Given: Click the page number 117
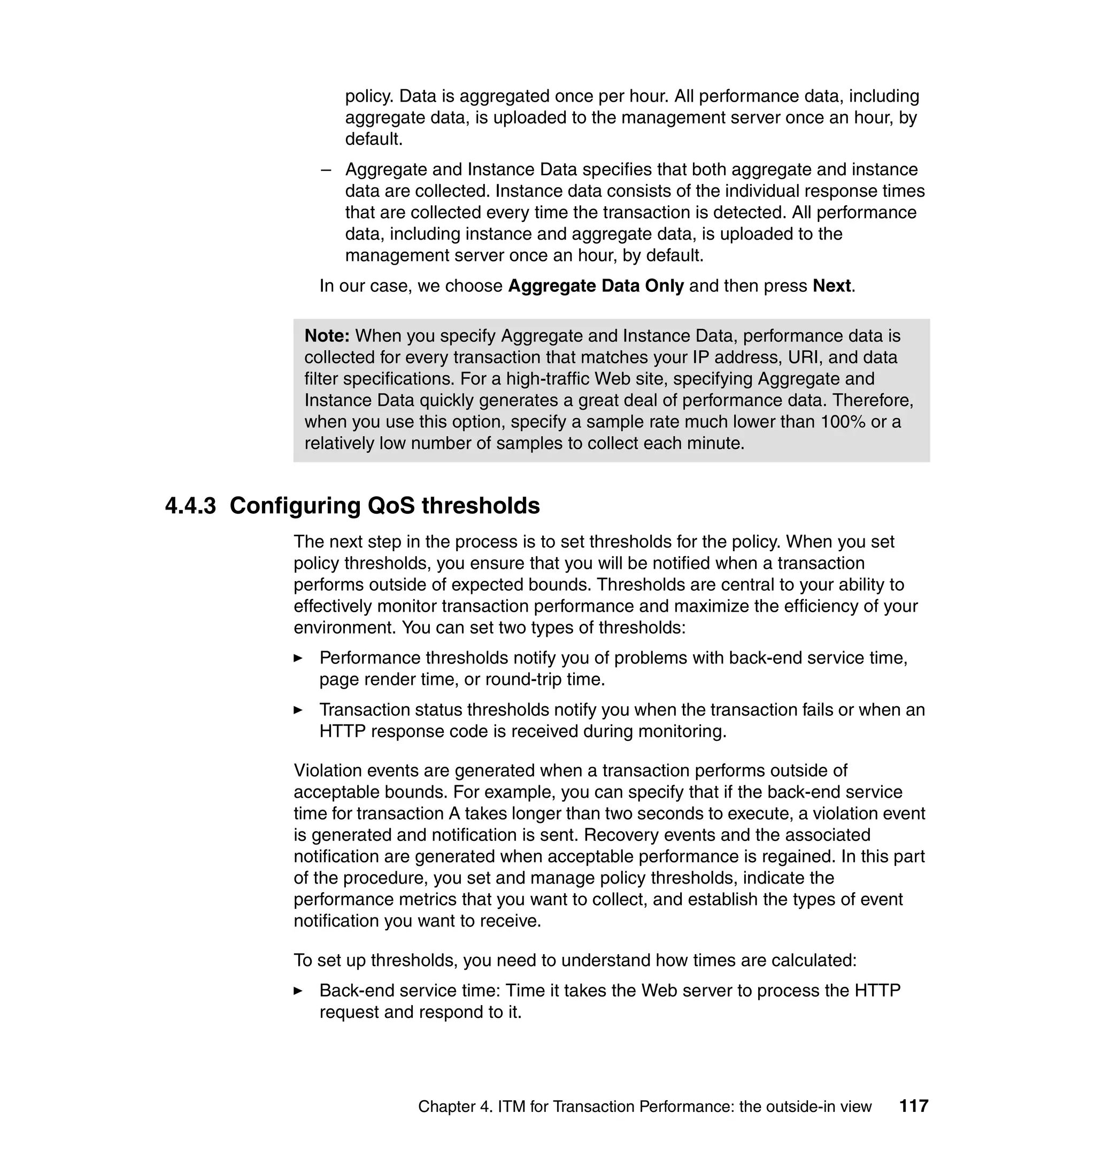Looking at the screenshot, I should click(913, 1106).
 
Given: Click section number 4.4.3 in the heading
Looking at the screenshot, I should click(190, 505).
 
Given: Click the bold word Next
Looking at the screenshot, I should click(832, 286).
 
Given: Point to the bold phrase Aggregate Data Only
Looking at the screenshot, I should click(596, 286).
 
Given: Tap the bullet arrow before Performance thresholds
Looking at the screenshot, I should click(298, 658).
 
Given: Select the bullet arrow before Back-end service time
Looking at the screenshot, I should click(298, 991).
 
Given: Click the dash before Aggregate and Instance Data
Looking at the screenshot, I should click(326, 170).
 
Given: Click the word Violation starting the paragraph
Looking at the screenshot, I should click(328, 770).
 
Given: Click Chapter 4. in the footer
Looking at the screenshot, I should click(456, 1107).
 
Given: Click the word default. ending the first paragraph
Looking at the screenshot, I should click(374, 139).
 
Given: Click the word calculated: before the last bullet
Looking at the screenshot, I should click(814, 960).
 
